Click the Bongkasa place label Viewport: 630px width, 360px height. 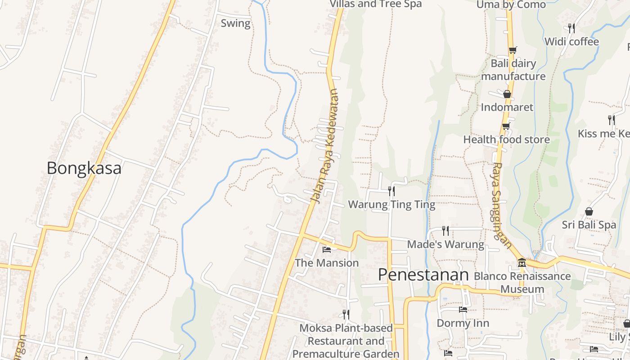tap(84, 168)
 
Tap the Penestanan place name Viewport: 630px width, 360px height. tap(423, 274)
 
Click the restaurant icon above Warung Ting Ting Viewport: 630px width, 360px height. tap(391, 191)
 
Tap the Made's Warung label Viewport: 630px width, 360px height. tap(445, 244)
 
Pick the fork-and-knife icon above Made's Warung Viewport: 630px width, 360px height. tap(445, 231)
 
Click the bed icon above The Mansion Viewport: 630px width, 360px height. tap(327, 249)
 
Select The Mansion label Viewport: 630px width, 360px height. tap(327, 263)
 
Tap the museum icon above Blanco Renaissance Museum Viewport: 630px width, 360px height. tap(522, 262)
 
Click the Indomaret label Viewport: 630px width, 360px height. tap(507, 107)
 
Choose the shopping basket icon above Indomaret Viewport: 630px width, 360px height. tap(507, 94)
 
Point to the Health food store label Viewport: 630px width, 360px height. tap(507, 139)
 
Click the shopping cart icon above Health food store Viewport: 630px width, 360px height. tap(506, 126)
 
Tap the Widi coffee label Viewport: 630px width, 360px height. tap(571, 42)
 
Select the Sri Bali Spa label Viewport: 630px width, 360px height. tap(589, 225)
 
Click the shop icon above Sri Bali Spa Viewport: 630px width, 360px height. tap(589, 211)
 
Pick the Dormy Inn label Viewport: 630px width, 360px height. tap(463, 323)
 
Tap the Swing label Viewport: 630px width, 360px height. tap(235, 23)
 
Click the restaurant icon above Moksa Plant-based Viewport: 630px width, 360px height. tap(346, 314)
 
